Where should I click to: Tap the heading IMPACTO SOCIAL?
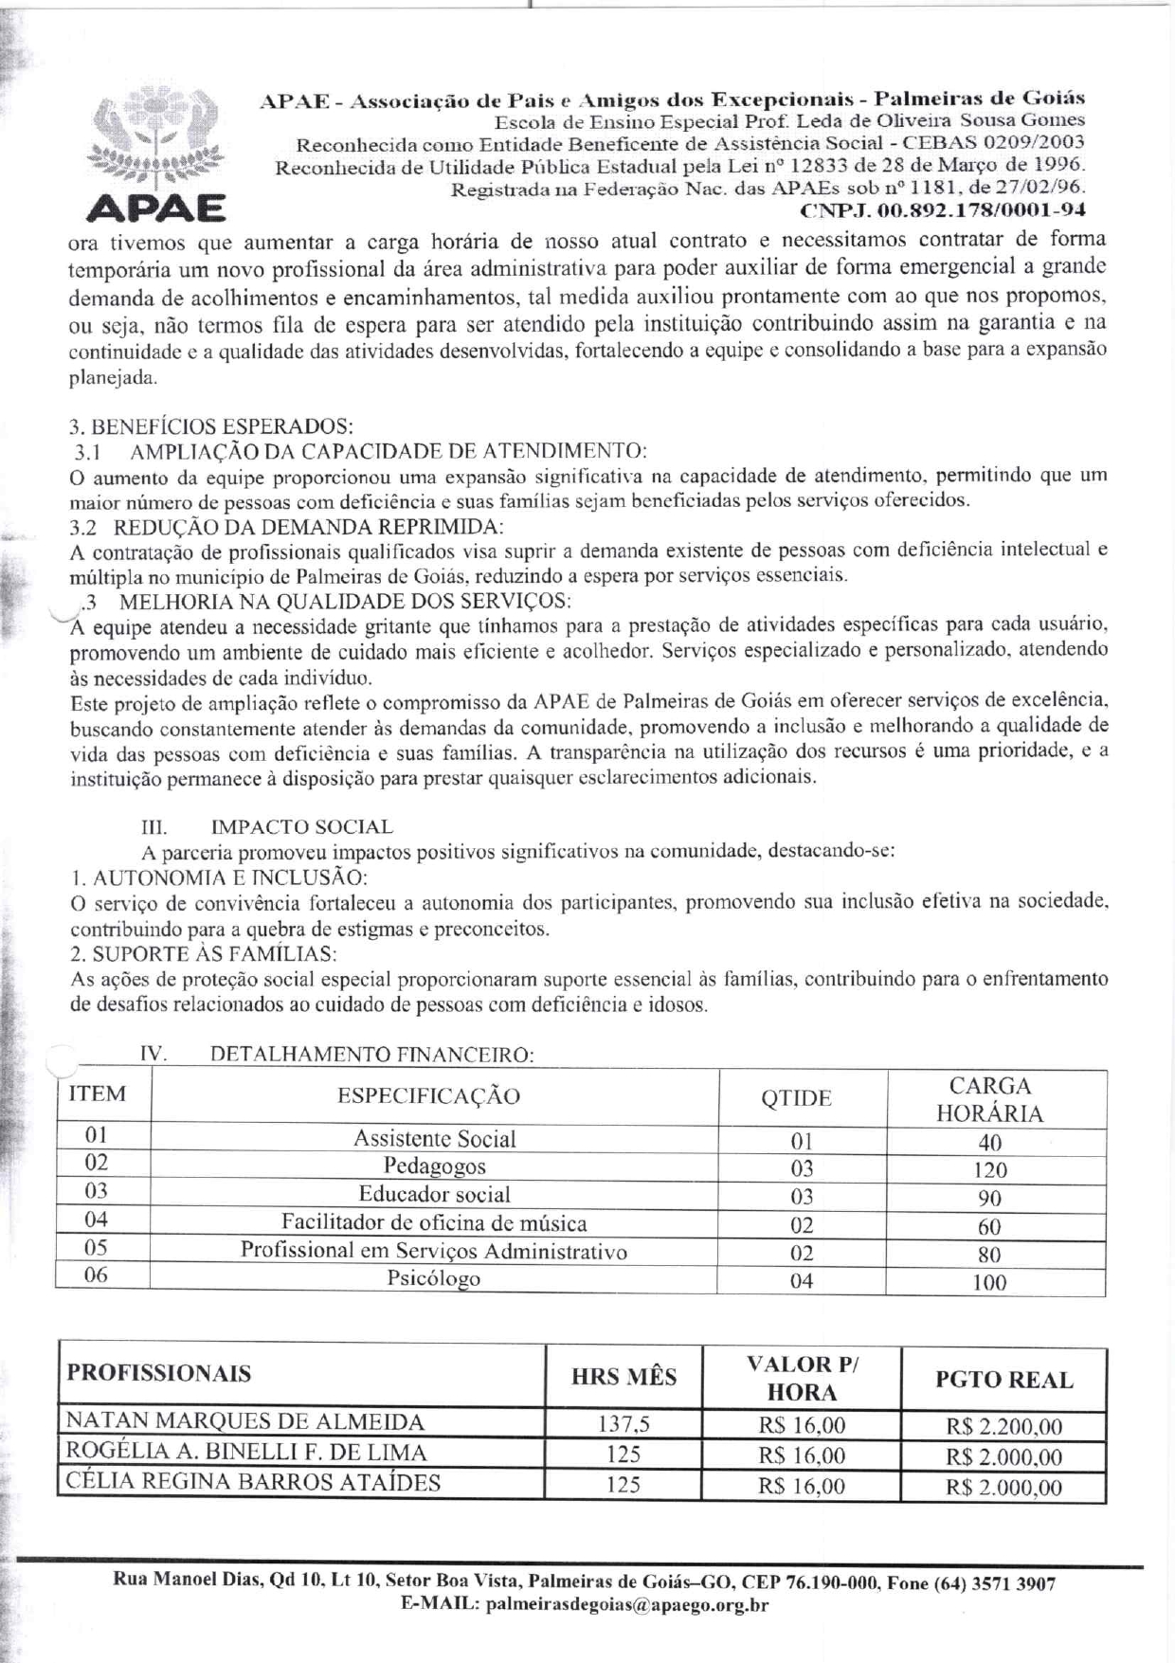click(x=301, y=827)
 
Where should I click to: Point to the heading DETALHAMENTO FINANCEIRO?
click(x=371, y=1055)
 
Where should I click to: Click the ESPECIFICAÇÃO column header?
click(x=428, y=1096)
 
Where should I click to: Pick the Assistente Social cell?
click(x=434, y=1139)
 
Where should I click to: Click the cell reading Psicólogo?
click(x=433, y=1278)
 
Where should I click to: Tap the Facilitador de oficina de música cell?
click(x=434, y=1223)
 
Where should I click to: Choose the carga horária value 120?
click(x=990, y=1170)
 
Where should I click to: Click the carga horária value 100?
click(x=990, y=1283)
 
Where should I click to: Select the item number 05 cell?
click(x=96, y=1248)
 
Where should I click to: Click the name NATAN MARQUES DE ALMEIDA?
click(x=244, y=1421)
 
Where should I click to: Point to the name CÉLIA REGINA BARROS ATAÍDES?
click(x=252, y=1482)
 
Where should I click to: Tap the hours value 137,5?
click(x=624, y=1424)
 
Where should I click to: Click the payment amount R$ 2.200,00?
click(x=1003, y=1426)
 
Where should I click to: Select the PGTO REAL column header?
click(x=1003, y=1380)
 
